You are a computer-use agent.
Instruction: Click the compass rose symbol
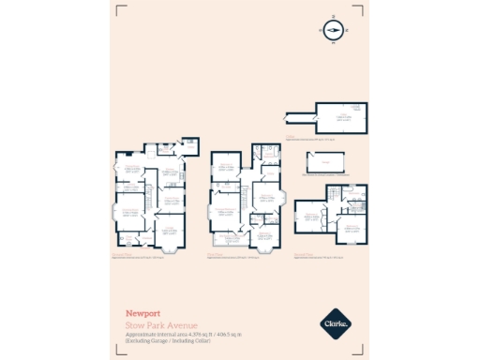[x=333, y=31]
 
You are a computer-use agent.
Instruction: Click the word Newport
[x=142, y=314]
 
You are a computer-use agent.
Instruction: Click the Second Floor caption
[x=305, y=250]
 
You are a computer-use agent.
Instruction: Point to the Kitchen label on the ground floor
[x=169, y=172]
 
